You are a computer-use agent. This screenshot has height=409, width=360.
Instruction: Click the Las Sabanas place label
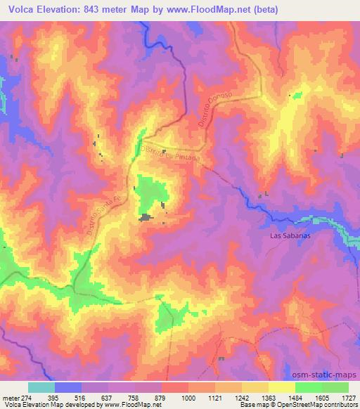[290, 236]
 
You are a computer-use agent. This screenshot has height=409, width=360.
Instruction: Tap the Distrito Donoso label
[215, 110]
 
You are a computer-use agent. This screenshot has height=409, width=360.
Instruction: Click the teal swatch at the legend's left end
[41, 387]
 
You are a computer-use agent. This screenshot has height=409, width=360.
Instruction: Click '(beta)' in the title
[264, 9]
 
